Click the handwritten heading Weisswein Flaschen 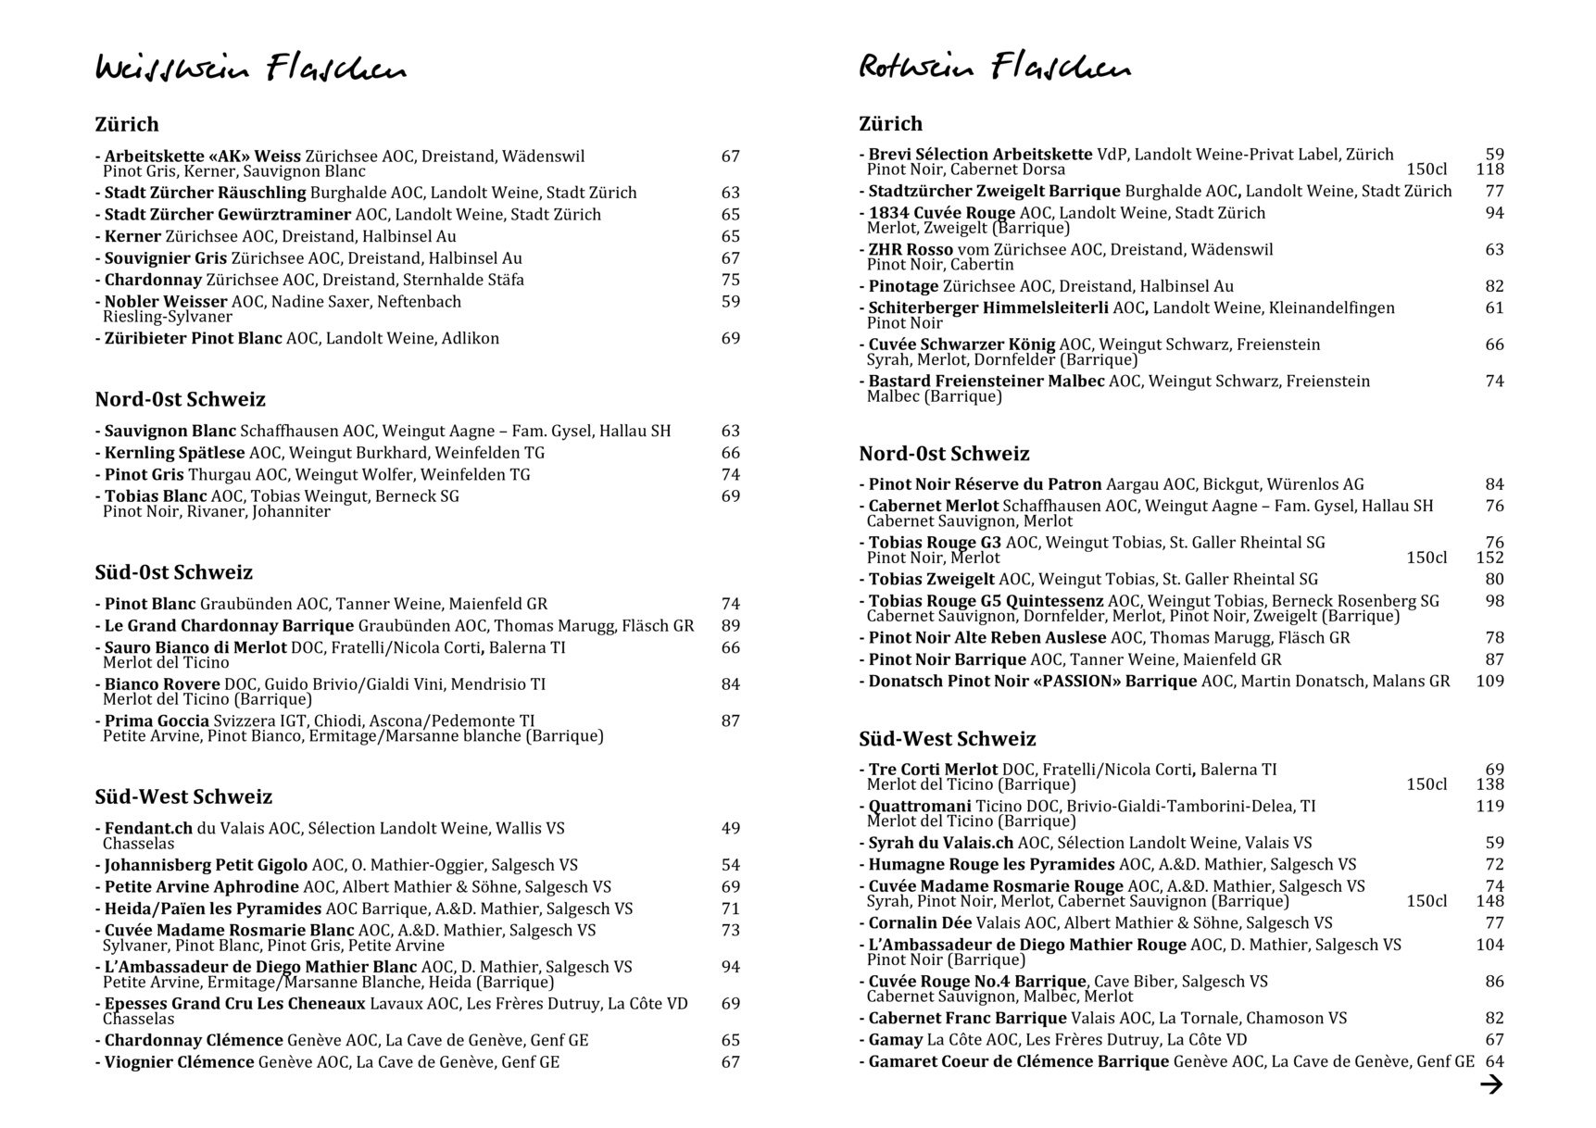[250, 69]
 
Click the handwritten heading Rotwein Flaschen [994, 67]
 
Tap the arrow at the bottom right [1490, 1084]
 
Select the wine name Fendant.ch [148, 828]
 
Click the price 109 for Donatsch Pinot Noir [1489, 681]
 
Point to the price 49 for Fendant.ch [730, 828]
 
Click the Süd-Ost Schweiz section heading [173, 572]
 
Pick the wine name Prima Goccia [157, 721]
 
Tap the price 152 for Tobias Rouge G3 [1489, 558]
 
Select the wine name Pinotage [903, 286]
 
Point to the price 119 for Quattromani [1489, 806]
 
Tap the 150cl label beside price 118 [1426, 169]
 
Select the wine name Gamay [895, 1039]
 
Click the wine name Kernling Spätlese [174, 453]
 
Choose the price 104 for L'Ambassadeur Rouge [1489, 945]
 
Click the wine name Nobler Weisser [166, 301]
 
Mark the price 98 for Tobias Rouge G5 [1494, 601]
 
